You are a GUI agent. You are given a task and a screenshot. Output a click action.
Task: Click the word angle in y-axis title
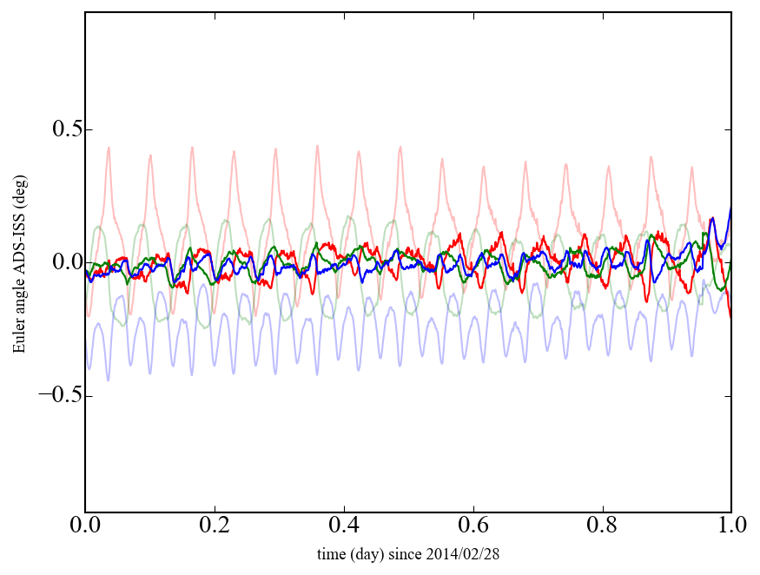click(x=19, y=300)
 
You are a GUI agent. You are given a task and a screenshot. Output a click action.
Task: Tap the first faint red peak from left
click(x=109, y=149)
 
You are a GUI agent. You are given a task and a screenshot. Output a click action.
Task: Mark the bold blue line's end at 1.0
click(x=730, y=208)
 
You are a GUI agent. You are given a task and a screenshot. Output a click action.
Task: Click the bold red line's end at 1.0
click(x=730, y=317)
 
